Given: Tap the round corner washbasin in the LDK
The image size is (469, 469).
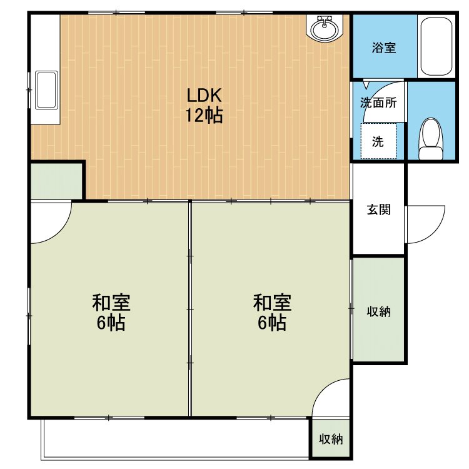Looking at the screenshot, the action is pyautogui.click(x=325, y=28).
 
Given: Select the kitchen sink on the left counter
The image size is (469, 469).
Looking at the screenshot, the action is pyautogui.click(x=46, y=89).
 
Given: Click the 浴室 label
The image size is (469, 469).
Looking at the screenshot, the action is pyautogui.click(x=384, y=48).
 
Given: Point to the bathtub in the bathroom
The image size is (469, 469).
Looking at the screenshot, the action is pyautogui.click(x=436, y=46).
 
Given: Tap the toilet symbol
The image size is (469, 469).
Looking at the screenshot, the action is pyautogui.click(x=430, y=138).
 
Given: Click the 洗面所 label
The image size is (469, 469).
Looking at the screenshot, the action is pyautogui.click(x=378, y=103).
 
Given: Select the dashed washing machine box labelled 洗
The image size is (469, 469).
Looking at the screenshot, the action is pyautogui.click(x=378, y=141).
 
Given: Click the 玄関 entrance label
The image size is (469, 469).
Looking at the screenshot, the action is pyautogui.click(x=379, y=209).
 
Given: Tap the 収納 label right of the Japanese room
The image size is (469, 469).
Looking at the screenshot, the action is pyautogui.click(x=379, y=311).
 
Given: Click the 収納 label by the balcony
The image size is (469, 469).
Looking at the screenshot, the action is pyautogui.click(x=331, y=439).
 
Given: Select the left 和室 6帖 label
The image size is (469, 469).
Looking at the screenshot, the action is pyautogui.click(x=111, y=312).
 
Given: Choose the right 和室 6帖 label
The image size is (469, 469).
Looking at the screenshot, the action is pyautogui.click(x=272, y=312).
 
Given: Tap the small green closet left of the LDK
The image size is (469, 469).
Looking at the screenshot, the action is pyautogui.click(x=56, y=181).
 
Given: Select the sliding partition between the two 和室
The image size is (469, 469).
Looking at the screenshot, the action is pyautogui.click(x=190, y=309).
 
